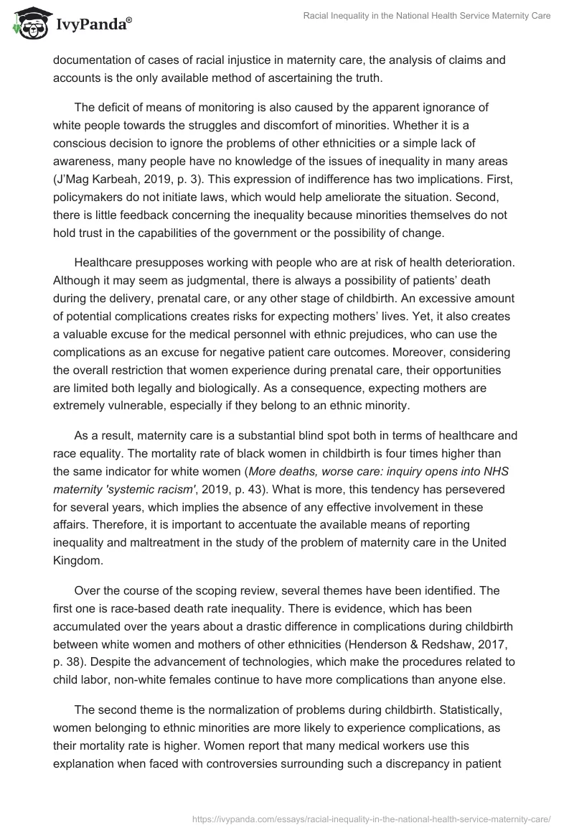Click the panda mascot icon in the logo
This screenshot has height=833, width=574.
28,23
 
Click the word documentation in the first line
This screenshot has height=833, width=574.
93,61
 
